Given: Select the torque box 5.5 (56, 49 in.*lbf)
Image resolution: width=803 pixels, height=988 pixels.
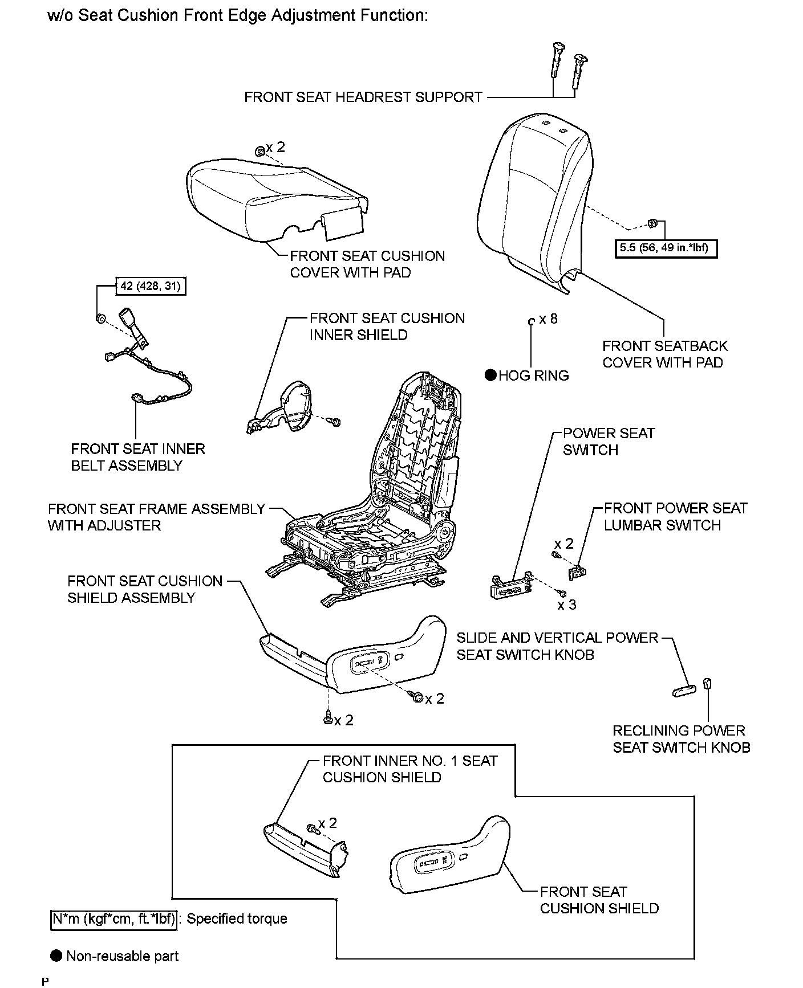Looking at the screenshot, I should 666,248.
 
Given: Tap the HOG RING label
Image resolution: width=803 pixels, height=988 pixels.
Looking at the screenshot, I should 533,375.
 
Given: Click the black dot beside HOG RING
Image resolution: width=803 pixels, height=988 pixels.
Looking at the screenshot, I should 490,375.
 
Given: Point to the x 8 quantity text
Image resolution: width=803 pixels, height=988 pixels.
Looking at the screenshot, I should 548,319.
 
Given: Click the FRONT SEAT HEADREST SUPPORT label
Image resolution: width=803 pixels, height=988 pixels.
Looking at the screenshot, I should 363,97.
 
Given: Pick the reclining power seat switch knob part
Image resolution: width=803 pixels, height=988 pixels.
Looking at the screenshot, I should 707,684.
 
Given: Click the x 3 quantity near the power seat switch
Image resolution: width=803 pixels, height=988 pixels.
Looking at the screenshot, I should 567,605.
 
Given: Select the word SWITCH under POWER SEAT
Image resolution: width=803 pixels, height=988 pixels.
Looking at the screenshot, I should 590,450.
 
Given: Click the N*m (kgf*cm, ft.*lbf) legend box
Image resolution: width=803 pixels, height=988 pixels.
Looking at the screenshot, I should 113,918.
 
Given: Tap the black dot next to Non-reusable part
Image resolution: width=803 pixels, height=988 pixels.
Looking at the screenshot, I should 56,956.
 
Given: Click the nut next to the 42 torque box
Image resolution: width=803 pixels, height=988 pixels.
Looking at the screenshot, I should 99,317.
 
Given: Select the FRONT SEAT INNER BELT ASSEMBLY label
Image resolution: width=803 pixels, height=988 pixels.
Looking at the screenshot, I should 137,457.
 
